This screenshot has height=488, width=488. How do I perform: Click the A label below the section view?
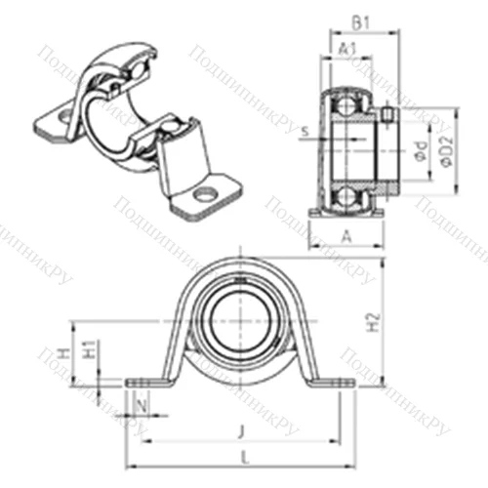(348, 234)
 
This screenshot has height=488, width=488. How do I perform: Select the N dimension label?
(144, 403)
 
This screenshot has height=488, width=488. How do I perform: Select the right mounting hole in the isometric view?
(206, 195)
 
